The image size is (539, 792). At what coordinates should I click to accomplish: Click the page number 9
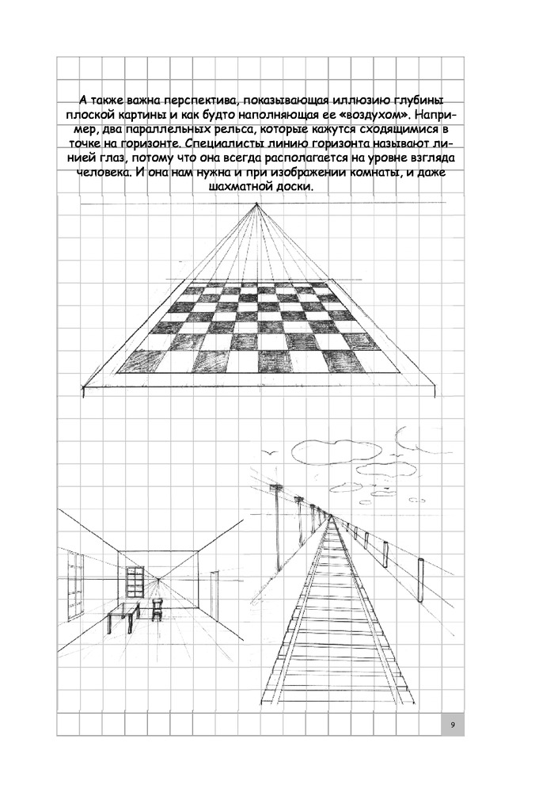tap(452, 725)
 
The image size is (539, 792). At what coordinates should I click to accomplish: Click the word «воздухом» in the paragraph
tap(385, 116)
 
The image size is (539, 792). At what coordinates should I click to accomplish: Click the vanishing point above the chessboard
tap(256, 205)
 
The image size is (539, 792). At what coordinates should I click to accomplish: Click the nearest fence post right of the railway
tap(419, 580)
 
